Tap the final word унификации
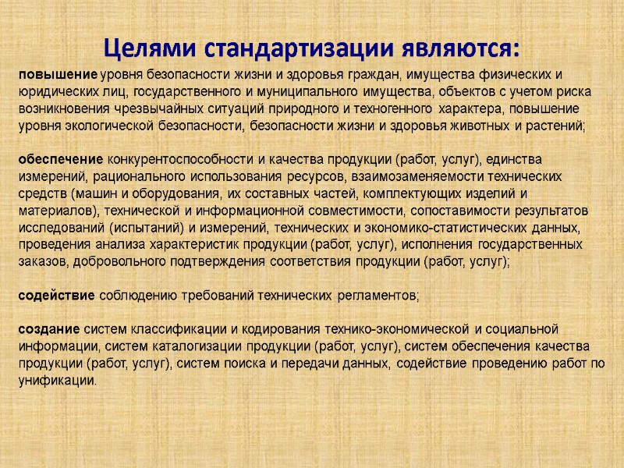pos(58,381)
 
